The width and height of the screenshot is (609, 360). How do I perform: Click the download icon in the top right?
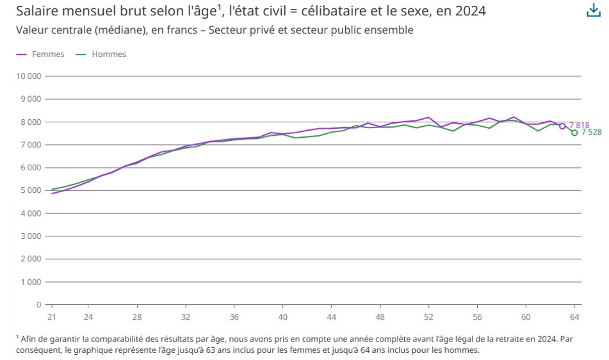594,11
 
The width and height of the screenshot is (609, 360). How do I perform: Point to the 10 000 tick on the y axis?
28,76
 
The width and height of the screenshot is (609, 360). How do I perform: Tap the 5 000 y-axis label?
30,190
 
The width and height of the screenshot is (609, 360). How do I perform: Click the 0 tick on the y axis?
38,305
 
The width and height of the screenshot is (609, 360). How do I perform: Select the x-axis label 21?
52,317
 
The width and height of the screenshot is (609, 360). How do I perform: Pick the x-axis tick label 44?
331,317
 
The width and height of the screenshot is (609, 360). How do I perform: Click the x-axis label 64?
574,317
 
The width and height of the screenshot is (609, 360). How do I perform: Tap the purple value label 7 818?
580,125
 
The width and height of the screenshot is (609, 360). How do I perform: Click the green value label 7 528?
591,132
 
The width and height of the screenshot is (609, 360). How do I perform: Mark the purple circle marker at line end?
562,126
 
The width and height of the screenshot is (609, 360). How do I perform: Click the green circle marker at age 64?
574,133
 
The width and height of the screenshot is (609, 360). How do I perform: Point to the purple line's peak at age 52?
428,117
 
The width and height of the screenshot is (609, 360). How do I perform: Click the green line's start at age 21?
52,190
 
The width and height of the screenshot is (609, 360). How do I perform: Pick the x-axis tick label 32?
186,317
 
